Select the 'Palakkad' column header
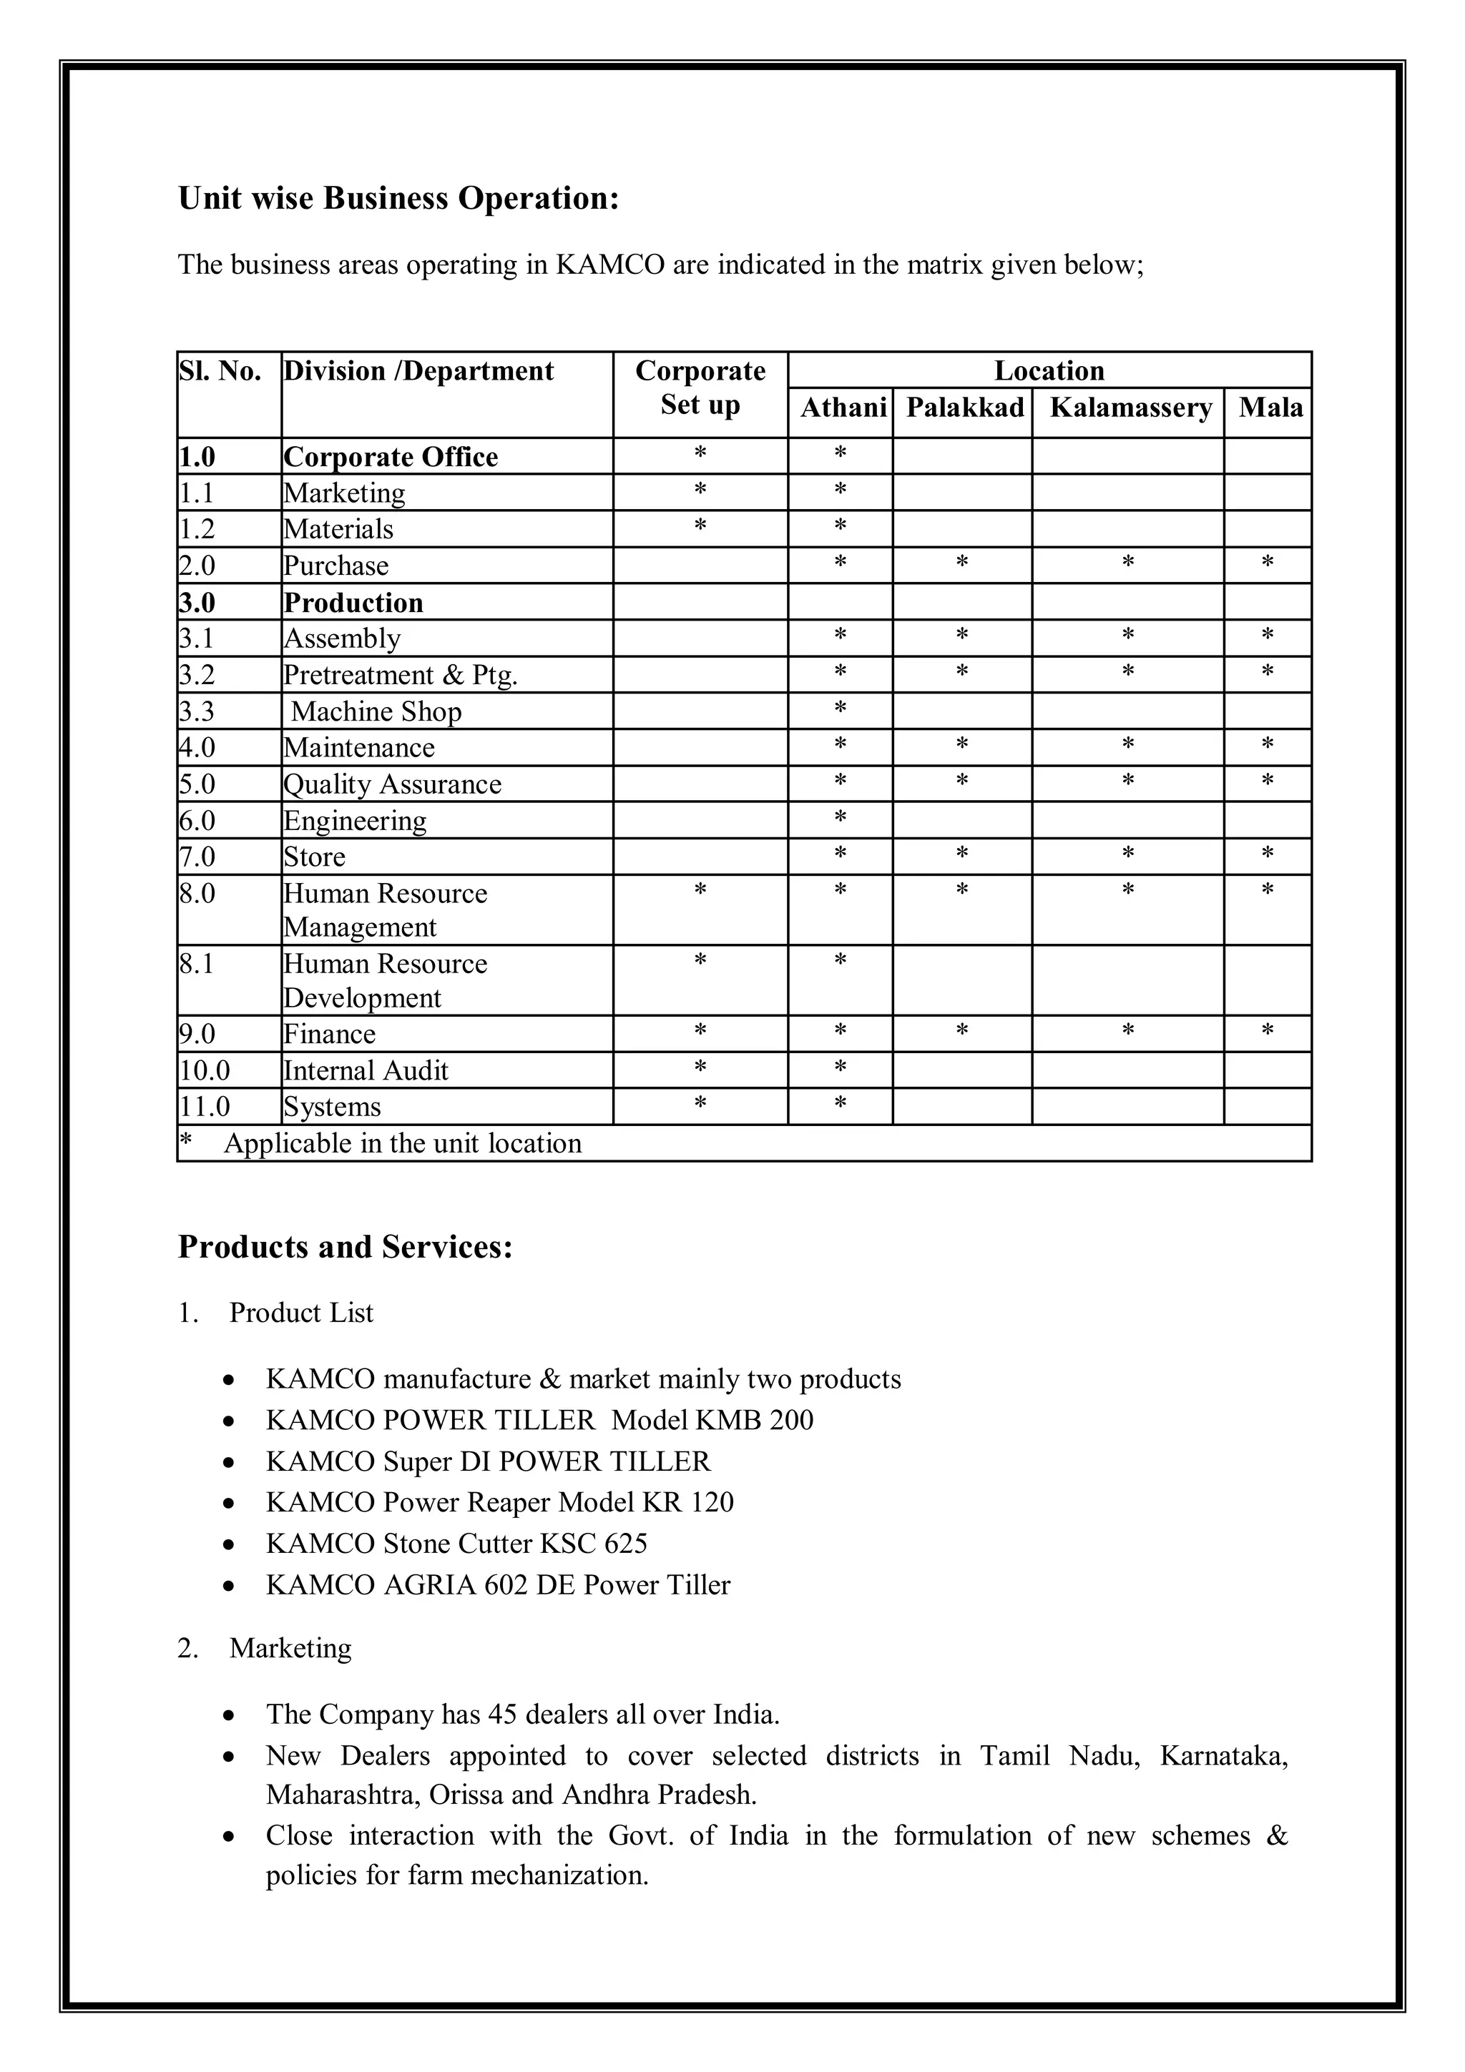964,408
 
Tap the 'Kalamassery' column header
1130,408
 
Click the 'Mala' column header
1270,408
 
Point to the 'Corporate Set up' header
700,388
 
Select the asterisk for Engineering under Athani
841,818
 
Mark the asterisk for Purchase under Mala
1268,563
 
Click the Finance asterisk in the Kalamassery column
1127,1030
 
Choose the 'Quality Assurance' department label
392,784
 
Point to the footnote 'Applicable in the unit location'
403,1143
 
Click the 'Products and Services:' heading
345,1247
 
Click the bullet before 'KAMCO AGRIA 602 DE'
230,1586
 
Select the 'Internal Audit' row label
366,1071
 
